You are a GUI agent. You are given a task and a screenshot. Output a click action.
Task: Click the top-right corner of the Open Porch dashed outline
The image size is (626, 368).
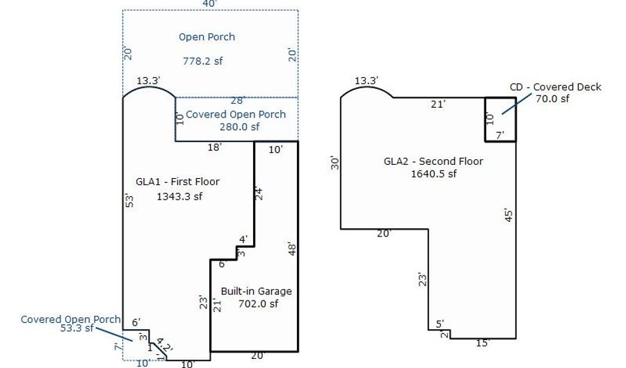298,10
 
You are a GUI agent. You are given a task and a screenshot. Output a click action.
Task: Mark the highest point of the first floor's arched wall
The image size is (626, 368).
149,87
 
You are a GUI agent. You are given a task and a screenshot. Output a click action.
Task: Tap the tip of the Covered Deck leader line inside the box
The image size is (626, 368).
502,114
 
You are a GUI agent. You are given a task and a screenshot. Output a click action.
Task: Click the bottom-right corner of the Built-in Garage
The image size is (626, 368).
298,351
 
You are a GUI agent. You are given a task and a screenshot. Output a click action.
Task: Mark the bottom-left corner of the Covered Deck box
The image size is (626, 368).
485,141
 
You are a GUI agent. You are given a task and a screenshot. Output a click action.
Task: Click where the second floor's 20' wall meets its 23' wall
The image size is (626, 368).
428,229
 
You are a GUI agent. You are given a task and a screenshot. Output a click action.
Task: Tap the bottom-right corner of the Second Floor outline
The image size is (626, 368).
516,339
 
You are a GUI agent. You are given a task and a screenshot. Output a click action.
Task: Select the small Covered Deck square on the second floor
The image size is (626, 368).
500,120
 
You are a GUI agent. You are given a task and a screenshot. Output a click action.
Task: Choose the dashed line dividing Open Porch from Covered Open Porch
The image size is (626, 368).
236,97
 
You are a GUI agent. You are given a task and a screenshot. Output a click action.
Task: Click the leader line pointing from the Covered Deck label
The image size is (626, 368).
517,104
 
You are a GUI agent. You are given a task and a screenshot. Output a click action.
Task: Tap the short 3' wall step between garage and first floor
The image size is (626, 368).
236,253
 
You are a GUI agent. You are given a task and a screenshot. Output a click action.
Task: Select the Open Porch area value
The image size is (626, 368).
203,61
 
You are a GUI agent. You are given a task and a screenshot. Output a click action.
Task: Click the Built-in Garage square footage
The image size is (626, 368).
258,304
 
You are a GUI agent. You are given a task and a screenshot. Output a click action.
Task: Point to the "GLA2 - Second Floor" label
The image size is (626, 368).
433,161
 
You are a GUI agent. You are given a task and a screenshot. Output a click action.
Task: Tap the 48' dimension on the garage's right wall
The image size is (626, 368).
292,250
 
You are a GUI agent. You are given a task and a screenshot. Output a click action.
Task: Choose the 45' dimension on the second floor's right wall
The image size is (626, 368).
508,215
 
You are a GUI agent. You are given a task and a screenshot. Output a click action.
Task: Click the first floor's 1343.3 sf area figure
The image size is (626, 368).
179,196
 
